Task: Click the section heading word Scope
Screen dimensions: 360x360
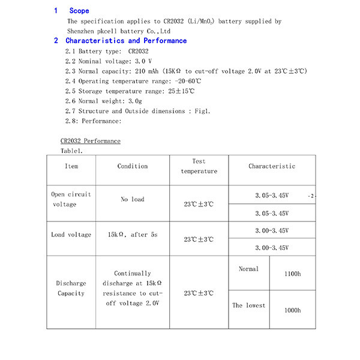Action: click(79, 11)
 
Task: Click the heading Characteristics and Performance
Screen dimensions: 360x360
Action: click(126, 41)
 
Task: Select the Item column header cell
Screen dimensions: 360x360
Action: click(71, 166)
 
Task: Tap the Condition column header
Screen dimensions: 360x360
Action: click(132, 166)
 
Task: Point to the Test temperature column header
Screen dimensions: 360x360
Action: click(199, 166)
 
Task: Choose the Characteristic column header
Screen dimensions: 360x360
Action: click(272, 166)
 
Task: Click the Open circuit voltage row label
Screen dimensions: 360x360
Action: click(71, 199)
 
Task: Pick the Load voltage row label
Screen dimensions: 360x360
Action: click(71, 235)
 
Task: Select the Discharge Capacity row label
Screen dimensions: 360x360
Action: click(71, 288)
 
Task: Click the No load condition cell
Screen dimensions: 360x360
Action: click(132, 199)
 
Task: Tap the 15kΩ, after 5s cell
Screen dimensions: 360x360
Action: click(132, 235)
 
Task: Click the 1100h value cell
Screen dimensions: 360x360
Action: click(292, 274)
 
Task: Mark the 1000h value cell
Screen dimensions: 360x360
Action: click(292, 310)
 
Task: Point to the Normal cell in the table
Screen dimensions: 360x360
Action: click(248, 269)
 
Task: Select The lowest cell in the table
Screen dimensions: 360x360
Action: click(248, 305)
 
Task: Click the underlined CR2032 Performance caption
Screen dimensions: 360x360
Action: click(90, 141)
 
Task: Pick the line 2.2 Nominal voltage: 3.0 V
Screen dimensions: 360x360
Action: click(108, 61)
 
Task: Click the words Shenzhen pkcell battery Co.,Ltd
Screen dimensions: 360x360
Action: click(119, 31)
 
